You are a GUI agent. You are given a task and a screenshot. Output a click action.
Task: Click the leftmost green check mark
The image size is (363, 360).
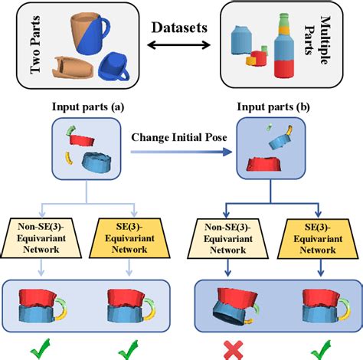pyautogui.click(x=42, y=349)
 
